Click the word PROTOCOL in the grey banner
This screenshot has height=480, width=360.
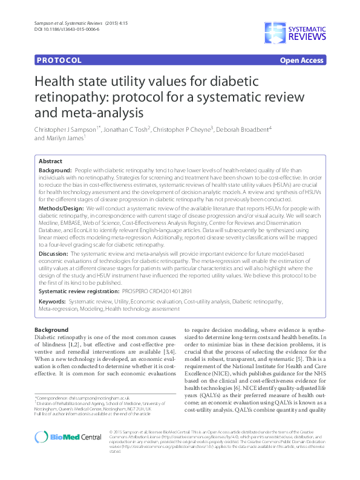[x=59, y=61]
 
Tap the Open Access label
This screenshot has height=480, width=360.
[x=301, y=61]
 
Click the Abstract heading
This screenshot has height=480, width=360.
[x=50, y=162]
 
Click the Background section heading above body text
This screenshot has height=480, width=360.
[x=51, y=330]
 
